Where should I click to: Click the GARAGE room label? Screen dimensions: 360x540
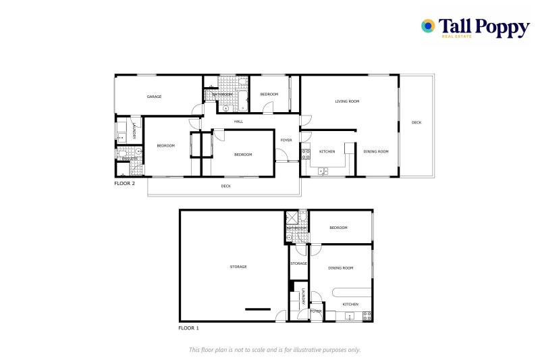click(154, 97)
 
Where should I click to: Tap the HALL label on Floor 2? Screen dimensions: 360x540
click(238, 122)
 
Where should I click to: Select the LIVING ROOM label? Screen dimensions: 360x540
click(347, 101)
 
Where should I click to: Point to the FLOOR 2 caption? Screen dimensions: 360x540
click(124, 183)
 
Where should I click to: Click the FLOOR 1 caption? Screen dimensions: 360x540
click(188, 328)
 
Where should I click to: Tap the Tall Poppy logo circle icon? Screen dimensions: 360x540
click(427, 26)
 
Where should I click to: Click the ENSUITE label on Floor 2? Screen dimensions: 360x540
click(130, 159)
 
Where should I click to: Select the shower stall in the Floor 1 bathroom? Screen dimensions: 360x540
click(293, 217)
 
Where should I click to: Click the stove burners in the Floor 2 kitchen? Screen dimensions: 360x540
click(305, 153)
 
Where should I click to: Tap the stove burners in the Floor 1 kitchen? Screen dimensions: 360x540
click(367, 315)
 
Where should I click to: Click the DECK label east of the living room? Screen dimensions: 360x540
click(416, 122)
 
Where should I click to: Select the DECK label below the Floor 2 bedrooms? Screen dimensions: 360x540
click(225, 186)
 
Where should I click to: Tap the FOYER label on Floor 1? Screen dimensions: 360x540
click(315, 311)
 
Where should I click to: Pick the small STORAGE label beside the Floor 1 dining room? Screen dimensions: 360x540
click(298, 263)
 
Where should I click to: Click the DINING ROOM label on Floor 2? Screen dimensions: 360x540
click(376, 151)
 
